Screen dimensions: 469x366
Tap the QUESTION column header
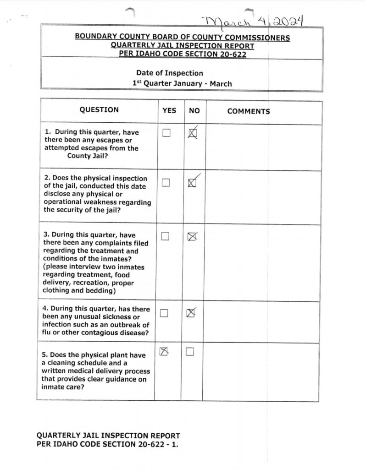pos(99,110)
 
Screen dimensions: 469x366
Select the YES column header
pos(169,111)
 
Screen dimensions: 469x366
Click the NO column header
pos(194,111)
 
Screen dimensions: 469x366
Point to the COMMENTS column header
pos(249,111)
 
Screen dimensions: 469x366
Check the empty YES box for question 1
pos(166,133)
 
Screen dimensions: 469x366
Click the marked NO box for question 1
pos(193,134)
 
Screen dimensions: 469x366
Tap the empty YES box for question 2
pos(166,182)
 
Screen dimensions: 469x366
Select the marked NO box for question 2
pos(193,183)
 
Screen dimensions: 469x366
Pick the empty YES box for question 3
pos(166,236)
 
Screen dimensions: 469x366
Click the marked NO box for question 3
pos(193,237)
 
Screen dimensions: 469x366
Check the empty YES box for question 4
pos(164,313)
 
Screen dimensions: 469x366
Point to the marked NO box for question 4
pos(191,313)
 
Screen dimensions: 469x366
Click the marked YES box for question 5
pos(163,352)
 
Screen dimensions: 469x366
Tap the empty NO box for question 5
pos(190,352)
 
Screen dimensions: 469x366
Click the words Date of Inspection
pos(169,73)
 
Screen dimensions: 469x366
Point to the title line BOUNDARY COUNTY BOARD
pos(182,38)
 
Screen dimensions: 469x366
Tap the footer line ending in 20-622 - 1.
pos(107,444)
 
